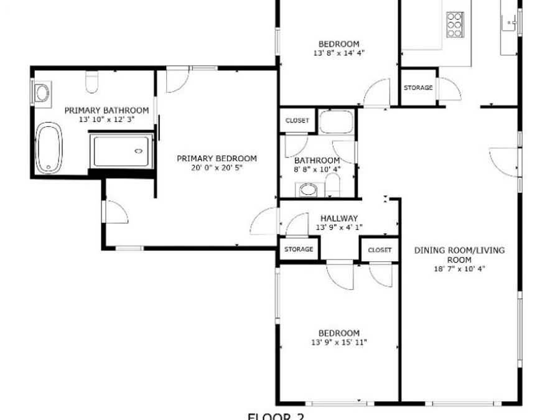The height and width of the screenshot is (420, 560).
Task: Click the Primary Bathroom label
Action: coord(106,110)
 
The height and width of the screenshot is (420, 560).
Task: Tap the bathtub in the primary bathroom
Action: coord(49,149)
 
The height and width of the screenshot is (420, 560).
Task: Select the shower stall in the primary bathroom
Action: coord(122,151)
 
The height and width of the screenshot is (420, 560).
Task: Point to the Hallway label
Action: coord(338,218)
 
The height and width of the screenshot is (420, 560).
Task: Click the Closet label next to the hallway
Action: coord(380,250)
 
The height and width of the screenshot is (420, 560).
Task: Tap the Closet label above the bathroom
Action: coord(297,121)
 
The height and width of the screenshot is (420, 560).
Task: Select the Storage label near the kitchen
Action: coord(418,88)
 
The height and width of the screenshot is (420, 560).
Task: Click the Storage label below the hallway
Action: coord(299,249)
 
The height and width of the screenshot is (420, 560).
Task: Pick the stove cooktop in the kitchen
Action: coord(455,24)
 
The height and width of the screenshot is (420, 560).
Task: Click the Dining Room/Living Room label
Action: coord(459,255)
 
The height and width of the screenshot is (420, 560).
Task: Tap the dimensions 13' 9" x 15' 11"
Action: coord(339,342)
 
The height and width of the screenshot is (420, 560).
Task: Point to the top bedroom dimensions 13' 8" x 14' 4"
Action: coord(338,53)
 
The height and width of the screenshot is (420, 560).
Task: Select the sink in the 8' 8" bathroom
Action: coord(307,189)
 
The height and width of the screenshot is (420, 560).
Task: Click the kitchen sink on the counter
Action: coord(509,24)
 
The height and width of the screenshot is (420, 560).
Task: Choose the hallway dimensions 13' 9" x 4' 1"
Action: coord(338,227)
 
